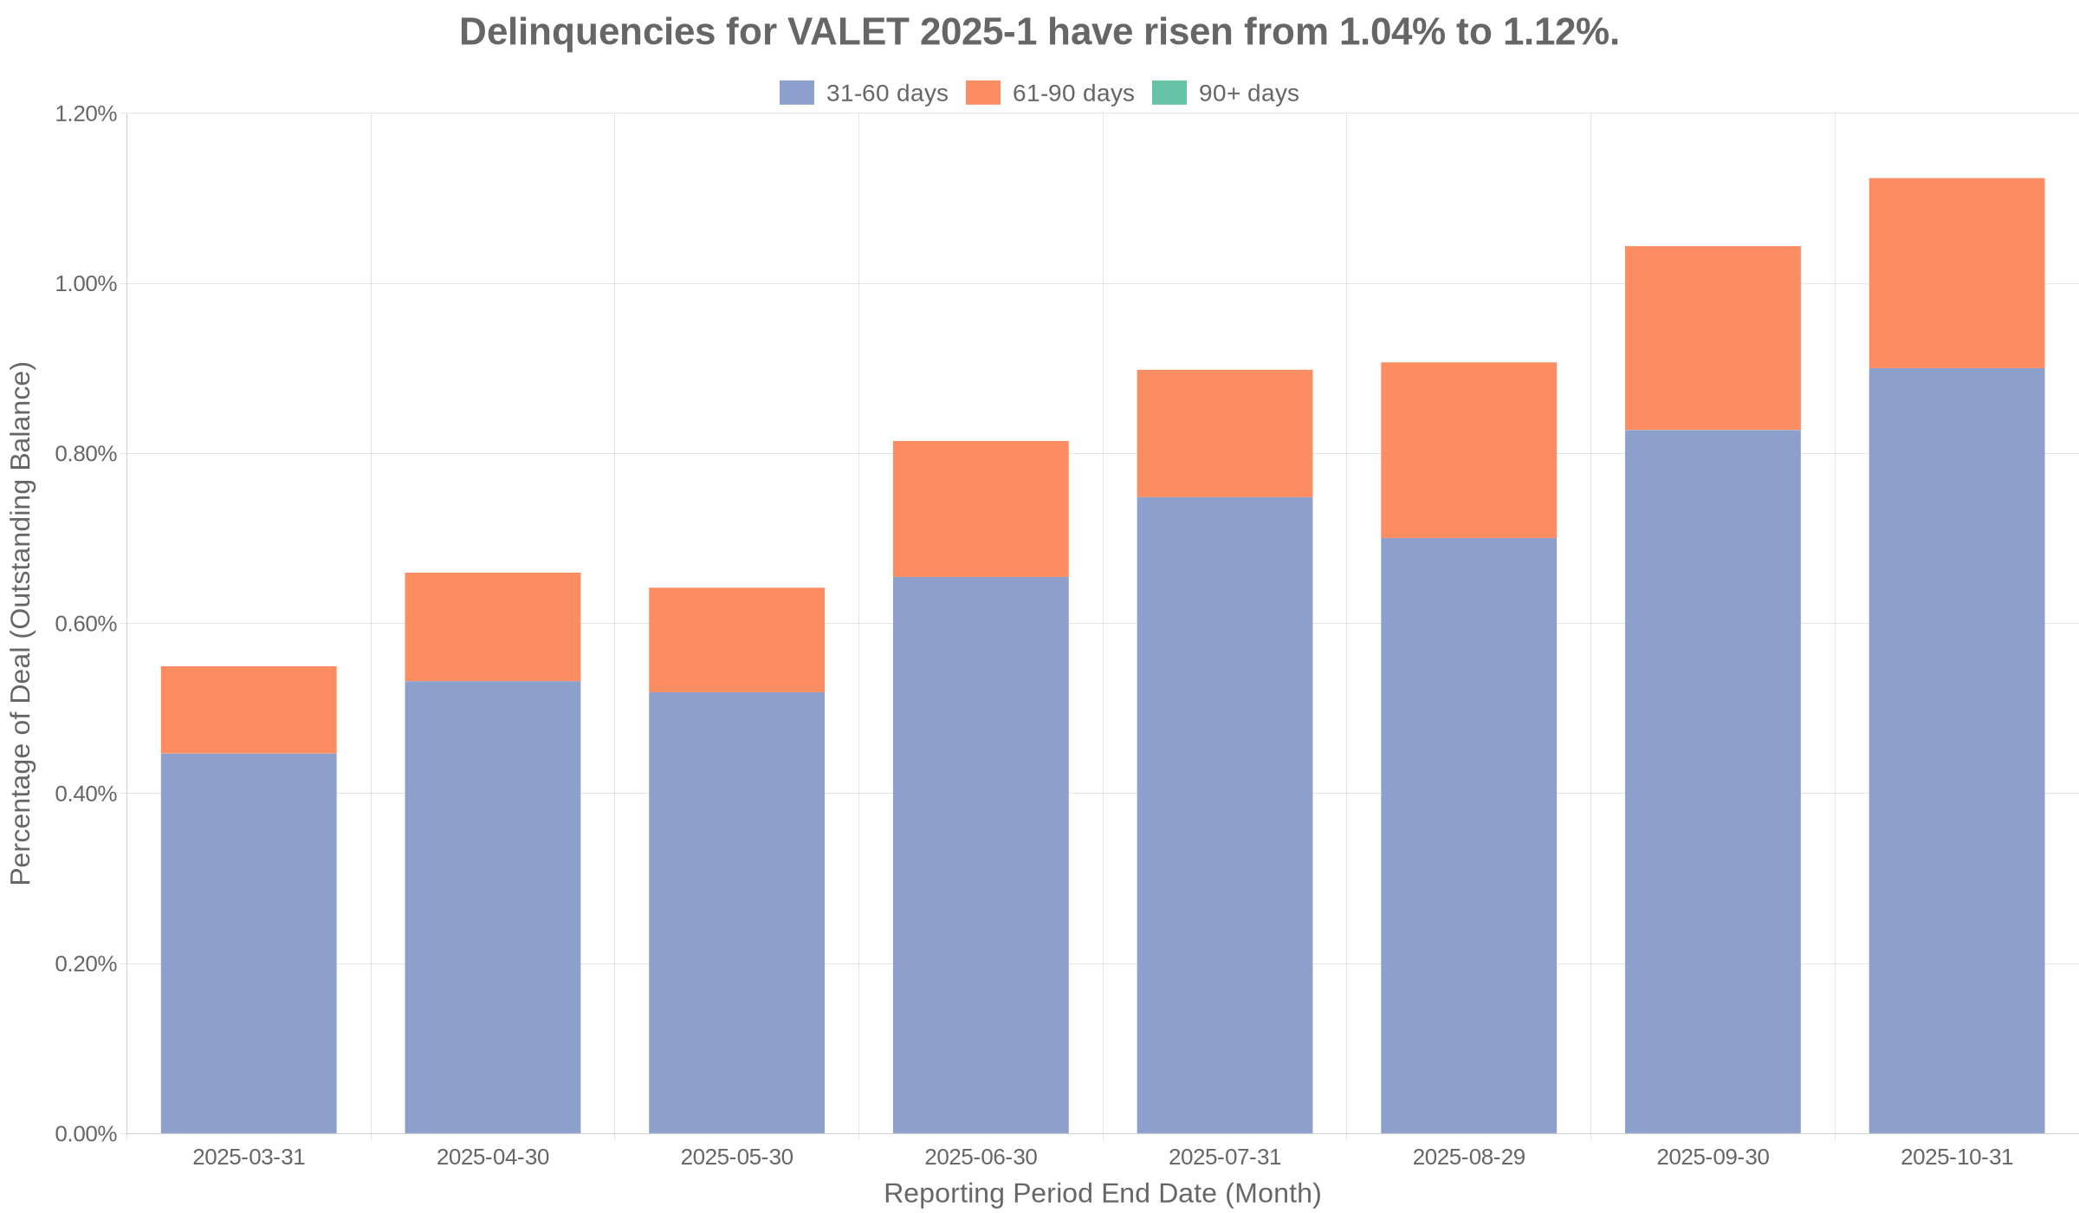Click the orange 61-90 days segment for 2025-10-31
pos(1956,273)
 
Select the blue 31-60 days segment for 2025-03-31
pos(249,943)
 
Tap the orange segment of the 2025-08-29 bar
pos(1468,450)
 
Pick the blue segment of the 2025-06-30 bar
pos(981,854)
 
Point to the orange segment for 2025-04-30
pos(493,626)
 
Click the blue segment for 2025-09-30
pos(1713,781)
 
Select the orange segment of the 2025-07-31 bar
pos(1224,433)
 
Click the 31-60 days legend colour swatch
pos(797,93)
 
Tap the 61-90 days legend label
pos(1072,94)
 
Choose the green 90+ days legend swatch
pos(1169,93)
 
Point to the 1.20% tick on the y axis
pos(86,114)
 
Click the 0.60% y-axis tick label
pos(86,624)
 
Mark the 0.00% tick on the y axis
pos(86,1134)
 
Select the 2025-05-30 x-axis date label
pos(736,1158)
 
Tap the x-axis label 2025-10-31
pos(1956,1158)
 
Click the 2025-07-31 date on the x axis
pos(1224,1158)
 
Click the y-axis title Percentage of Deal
pos(21,623)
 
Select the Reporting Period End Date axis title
pos(1102,1194)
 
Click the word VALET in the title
pos(847,33)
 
